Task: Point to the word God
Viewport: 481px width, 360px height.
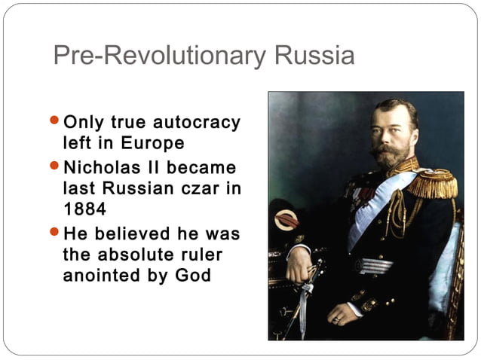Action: (193, 275)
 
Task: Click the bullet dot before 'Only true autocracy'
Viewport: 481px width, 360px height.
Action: (53, 121)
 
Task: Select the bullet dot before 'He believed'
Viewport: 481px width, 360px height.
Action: (53, 232)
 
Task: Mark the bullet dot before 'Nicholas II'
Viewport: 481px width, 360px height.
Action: (53, 166)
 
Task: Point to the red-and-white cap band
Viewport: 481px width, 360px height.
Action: (287, 220)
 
